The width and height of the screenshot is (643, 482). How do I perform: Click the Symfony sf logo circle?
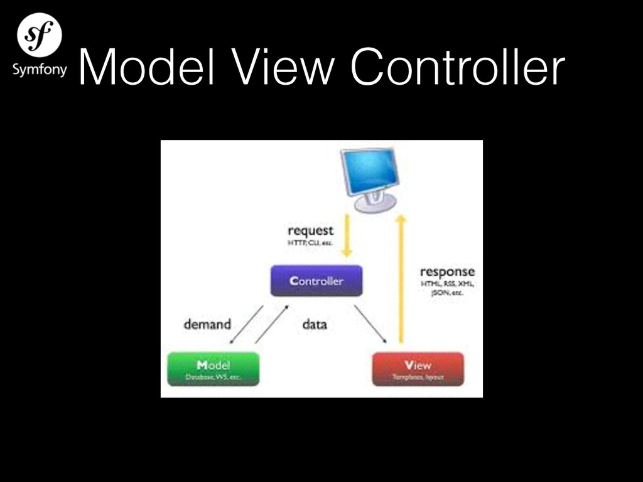pyautogui.click(x=39, y=35)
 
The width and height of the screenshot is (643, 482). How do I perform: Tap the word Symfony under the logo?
pyautogui.click(x=39, y=69)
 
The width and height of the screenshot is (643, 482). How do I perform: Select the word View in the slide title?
pyautogui.click(x=264, y=68)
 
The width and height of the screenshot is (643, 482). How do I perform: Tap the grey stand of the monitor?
pyautogui.click(x=375, y=202)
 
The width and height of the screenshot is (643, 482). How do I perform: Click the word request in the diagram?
pyautogui.click(x=310, y=230)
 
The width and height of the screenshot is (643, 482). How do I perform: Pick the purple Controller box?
pyautogui.click(x=316, y=281)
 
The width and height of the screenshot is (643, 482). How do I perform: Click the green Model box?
pyautogui.click(x=213, y=368)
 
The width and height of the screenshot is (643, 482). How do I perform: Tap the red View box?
pyautogui.click(x=418, y=368)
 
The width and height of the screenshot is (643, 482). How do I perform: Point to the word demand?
pyautogui.click(x=207, y=324)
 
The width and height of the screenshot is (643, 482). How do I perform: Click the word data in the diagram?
pyautogui.click(x=315, y=324)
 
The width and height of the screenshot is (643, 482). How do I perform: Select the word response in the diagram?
pyautogui.click(x=447, y=272)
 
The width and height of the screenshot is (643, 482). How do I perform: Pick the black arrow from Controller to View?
pyautogui.click(x=370, y=324)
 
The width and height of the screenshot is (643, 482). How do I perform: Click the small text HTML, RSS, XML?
pyautogui.click(x=447, y=284)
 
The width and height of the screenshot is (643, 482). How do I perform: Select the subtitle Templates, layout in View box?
pyautogui.click(x=418, y=377)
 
